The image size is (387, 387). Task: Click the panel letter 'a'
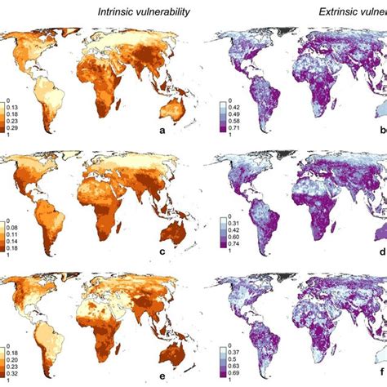(186, 131)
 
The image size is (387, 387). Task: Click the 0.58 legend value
(234, 120)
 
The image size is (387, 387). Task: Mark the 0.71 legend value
(234, 127)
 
